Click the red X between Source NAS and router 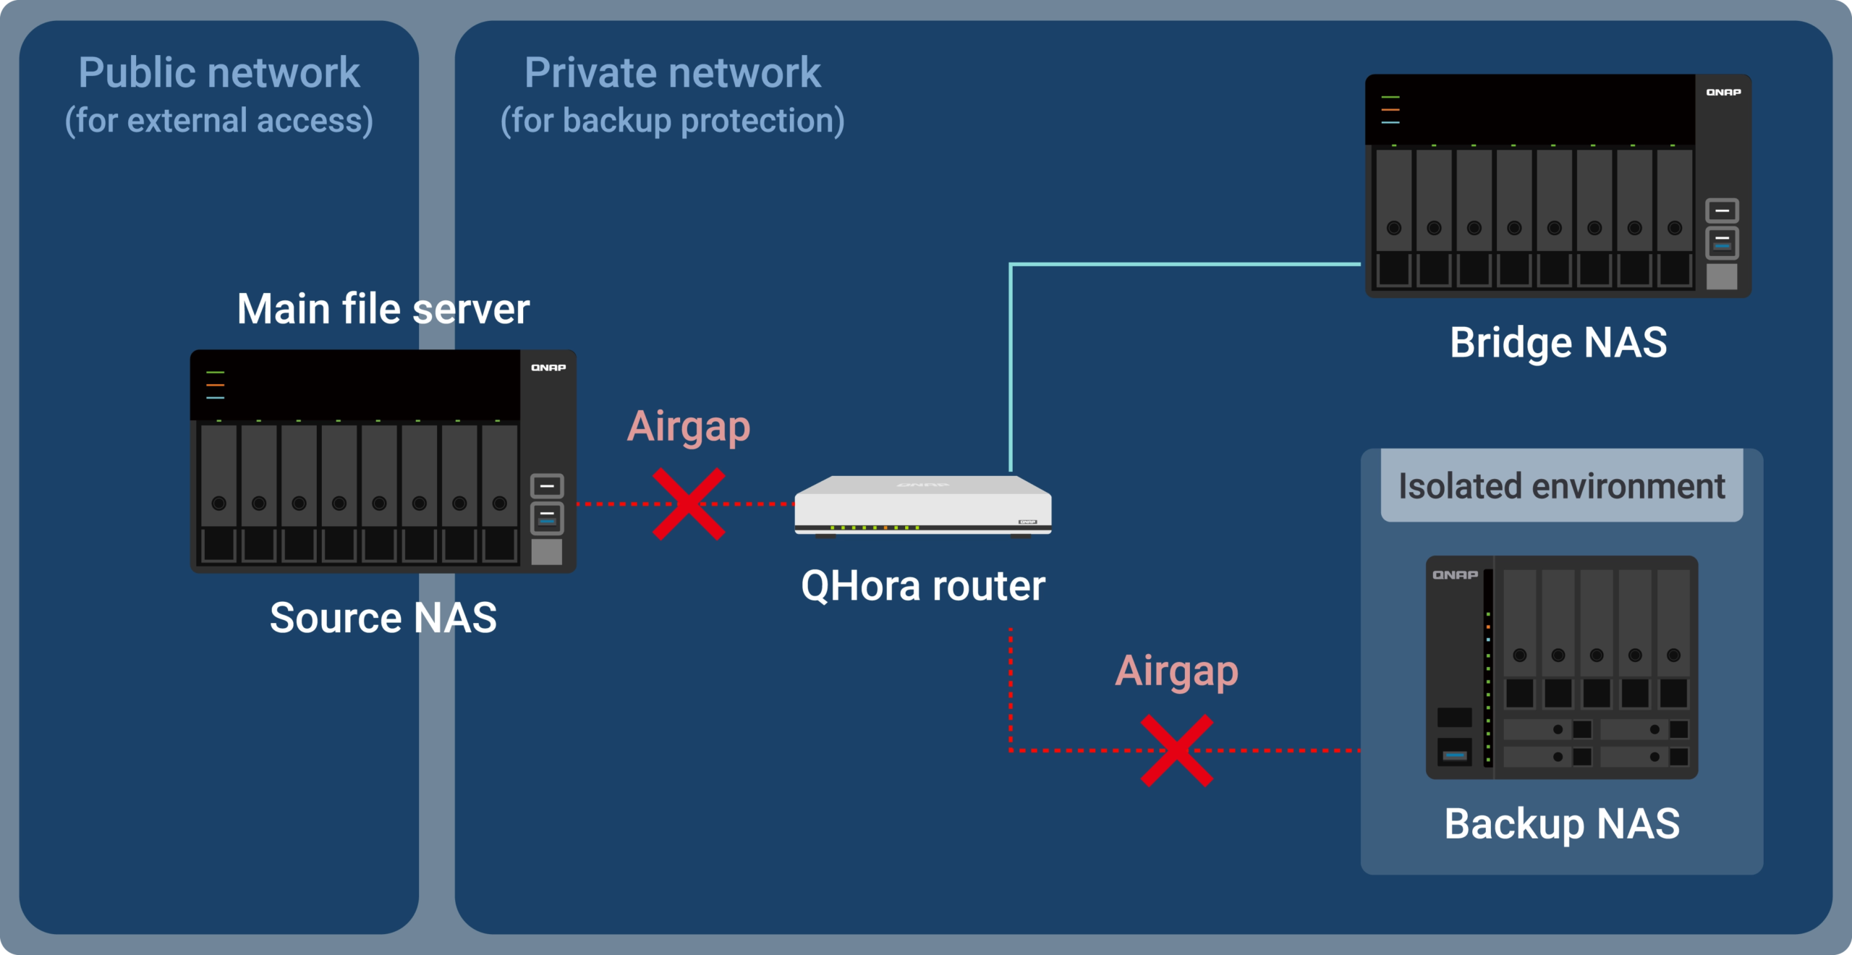tap(689, 504)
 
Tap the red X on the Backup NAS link tap(1177, 750)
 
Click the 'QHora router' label tap(923, 585)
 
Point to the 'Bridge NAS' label tap(1558, 342)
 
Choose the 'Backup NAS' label tap(1562, 823)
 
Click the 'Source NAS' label tap(383, 618)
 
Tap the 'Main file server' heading tap(383, 309)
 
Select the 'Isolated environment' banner tap(1562, 485)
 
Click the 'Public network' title tap(219, 72)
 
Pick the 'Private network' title tap(673, 72)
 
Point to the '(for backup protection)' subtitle tap(673, 120)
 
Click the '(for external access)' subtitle tap(219, 120)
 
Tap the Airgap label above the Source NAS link tap(689, 427)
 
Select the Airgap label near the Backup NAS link tap(1177, 671)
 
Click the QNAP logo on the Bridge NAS tap(1723, 92)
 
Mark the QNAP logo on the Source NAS tap(548, 368)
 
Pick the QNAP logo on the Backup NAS tap(1455, 575)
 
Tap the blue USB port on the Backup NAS tap(1455, 756)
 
